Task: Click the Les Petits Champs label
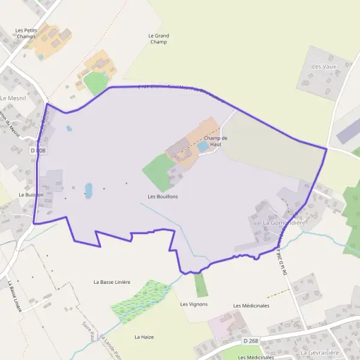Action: pyautogui.click(x=25, y=33)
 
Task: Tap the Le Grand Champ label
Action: pyautogui.click(x=158, y=39)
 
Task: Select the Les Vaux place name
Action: pyautogui.click(x=325, y=66)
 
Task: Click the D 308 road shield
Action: pyautogui.click(x=38, y=151)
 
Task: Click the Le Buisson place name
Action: pyautogui.click(x=31, y=195)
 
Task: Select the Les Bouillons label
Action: pyautogui.click(x=163, y=196)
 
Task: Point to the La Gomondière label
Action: pyautogui.click(x=285, y=223)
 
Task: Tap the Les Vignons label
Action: pyautogui.click(x=194, y=304)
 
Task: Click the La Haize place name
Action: pyautogui.click(x=144, y=337)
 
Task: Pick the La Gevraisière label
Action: pyautogui.click(x=321, y=353)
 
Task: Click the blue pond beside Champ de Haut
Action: pyautogui.click(x=203, y=146)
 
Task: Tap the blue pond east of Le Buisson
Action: pyautogui.click(x=89, y=191)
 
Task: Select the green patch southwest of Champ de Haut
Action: pyautogui.click(x=158, y=172)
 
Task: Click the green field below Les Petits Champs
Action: pyautogui.click(x=95, y=83)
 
